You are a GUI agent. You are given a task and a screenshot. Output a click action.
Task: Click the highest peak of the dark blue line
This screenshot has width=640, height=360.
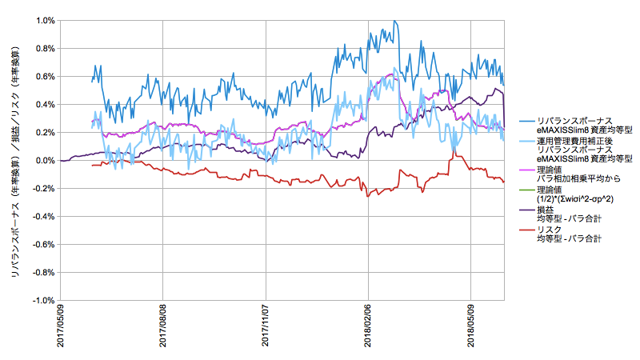tap(395, 22)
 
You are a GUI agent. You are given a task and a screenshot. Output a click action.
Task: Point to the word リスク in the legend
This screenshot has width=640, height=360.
tap(549, 230)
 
